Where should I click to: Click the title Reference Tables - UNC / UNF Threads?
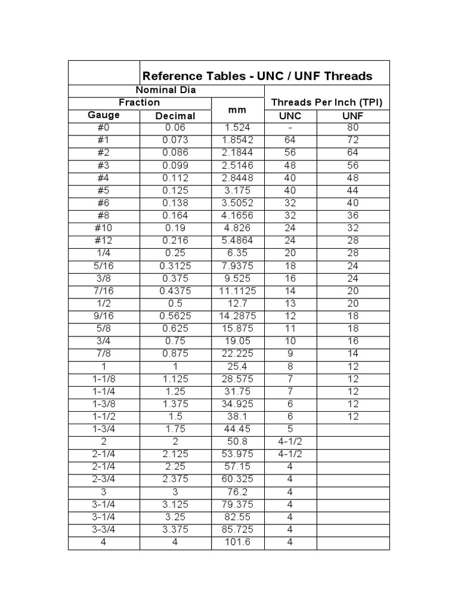(x=257, y=76)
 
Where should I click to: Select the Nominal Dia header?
(x=166, y=90)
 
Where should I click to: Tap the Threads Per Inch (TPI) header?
(x=326, y=103)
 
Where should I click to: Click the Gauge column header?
(x=104, y=115)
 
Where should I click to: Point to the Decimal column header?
(x=175, y=116)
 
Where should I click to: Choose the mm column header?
(x=237, y=110)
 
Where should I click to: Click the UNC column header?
(x=290, y=116)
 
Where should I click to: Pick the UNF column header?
(x=353, y=116)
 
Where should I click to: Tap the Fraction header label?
(x=140, y=103)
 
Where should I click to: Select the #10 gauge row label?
(x=104, y=228)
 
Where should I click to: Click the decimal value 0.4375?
(x=175, y=291)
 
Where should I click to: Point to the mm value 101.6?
(x=237, y=542)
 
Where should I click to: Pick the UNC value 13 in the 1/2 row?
(x=290, y=303)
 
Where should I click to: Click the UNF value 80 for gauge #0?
(x=353, y=128)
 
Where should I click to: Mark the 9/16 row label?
(x=104, y=316)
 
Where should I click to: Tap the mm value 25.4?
(x=237, y=366)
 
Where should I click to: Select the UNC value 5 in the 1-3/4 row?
(x=290, y=429)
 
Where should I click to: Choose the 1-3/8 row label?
(x=104, y=404)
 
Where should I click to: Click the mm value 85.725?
(x=237, y=530)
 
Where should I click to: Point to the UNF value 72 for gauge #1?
(x=353, y=140)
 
